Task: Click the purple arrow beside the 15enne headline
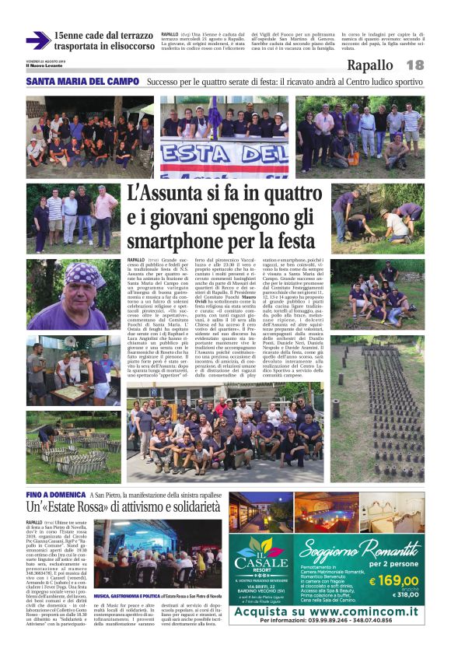click(x=37, y=40)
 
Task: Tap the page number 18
click(x=414, y=65)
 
